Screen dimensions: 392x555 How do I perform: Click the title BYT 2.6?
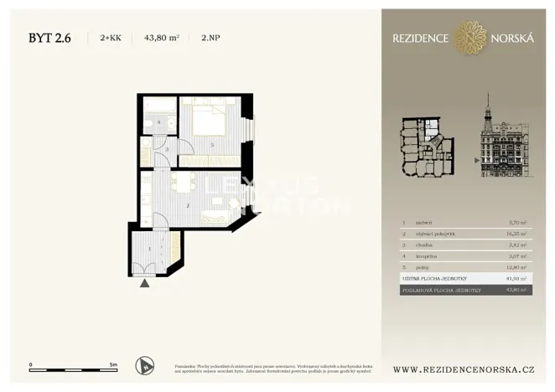click(49, 37)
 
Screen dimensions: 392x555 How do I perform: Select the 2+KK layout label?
click(110, 38)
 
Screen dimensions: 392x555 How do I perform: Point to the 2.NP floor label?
click(212, 38)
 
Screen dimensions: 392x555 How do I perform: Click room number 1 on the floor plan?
click(150, 248)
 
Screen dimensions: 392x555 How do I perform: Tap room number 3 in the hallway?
click(167, 150)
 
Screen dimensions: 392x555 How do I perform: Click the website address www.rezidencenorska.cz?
click(464, 369)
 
